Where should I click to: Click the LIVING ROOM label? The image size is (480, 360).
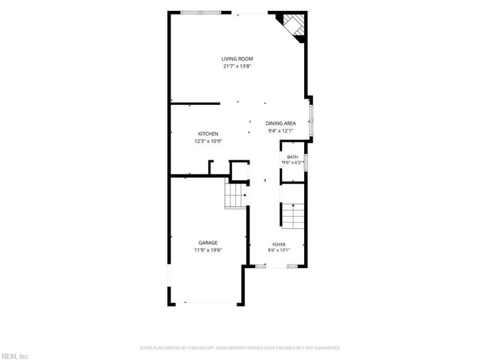coord(237,59)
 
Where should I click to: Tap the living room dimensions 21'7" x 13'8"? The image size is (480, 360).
coord(237,66)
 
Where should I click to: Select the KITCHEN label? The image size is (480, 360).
coord(208,134)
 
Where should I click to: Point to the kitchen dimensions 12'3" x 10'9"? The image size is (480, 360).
coord(208,141)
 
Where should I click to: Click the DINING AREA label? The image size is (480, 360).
coord(281,124)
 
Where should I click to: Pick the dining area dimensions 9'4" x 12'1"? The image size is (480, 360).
coord(281,131)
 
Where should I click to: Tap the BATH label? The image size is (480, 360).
coord(293,157)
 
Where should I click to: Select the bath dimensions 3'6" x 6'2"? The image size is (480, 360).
coord(293,163)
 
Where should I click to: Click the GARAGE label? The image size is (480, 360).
coord(208,243)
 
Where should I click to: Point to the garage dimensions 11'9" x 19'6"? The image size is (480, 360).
coord(208,250)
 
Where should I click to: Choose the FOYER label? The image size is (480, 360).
coord(279,244)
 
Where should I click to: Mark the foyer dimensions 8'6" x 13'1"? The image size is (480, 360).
coord(279,250)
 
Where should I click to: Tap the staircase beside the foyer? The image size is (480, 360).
coord(293,216)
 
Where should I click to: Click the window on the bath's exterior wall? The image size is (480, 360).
coord(306,163)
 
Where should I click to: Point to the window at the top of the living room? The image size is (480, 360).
coord(201,13)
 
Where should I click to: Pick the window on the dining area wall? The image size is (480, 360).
coord(311,121)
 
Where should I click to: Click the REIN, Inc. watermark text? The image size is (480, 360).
coord(14,356)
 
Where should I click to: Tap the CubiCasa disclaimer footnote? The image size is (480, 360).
coord(240,348)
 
